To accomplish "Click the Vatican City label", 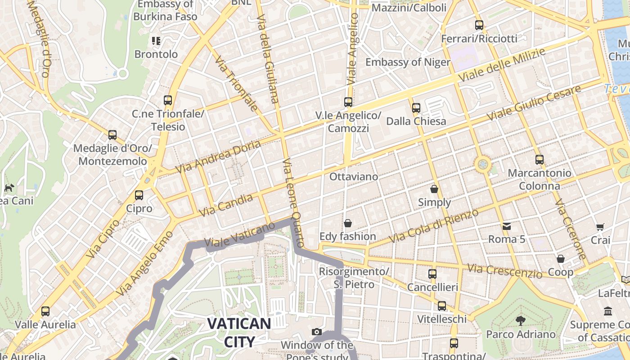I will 239,332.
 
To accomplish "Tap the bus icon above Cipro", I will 139,195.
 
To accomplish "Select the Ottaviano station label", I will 354,176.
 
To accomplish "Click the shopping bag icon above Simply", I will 434,189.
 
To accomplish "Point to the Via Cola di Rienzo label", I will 433,226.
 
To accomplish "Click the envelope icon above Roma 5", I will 507,226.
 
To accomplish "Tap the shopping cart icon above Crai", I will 600,227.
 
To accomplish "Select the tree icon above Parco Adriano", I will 521,321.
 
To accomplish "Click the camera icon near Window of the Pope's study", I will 317,332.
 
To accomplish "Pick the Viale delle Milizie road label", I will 502,65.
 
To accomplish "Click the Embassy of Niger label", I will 408,62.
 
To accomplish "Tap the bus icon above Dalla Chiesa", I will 416,108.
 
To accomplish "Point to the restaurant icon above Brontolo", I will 156,41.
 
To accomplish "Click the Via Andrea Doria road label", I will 219,157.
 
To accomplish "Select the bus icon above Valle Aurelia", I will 45,311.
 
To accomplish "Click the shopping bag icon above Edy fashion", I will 347,223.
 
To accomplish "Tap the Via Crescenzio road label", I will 504,271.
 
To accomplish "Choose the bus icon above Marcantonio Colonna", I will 539,159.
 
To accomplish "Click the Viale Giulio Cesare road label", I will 534,103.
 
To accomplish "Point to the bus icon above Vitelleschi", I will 442,306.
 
